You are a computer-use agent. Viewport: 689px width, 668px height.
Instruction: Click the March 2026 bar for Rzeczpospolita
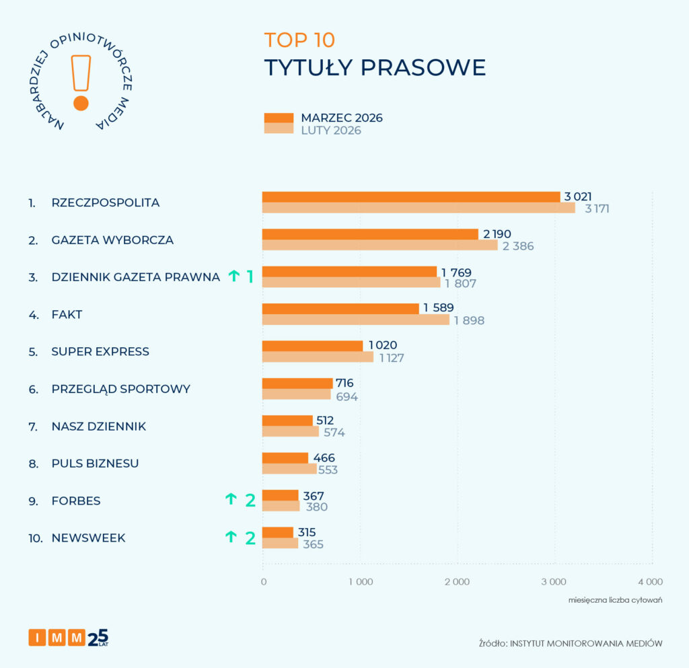click(410, 196)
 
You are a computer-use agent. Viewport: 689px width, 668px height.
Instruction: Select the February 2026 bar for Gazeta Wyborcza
click(379, 245)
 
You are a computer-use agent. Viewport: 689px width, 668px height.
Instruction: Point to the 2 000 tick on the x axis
click(457, 582)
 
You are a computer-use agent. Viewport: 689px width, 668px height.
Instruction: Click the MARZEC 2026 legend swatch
click(279, 118)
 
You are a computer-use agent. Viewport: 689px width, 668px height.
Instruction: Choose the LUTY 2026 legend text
click(331, 131)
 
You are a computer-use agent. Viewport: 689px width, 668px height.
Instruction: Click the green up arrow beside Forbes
click(231, 499)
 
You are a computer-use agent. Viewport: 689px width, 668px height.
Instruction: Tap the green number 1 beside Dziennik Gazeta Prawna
click(249, 276)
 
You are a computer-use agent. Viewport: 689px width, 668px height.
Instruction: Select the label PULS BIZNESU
click(95, 463)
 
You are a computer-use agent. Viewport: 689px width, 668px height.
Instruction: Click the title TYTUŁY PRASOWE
click(375, 68)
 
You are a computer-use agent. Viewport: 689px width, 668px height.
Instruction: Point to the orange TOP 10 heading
click(299, 40)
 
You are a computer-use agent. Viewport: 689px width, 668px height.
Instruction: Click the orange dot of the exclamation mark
click(81, 103)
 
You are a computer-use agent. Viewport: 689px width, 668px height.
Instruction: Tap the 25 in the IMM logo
click(98, 636)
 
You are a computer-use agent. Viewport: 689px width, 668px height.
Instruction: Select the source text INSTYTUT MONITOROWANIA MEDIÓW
click(586, 644)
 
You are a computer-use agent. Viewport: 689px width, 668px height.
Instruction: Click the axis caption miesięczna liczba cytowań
click(615, 599)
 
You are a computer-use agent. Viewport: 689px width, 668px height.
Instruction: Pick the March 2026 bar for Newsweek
click(278, 532)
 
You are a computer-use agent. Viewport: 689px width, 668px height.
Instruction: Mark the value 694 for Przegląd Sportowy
click(347, 396)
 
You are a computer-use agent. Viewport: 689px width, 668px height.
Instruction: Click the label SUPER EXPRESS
click(100, 352)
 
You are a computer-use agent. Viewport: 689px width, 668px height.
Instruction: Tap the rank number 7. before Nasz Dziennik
click(32, 426)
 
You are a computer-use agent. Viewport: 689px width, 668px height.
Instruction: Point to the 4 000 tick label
click(650, 582)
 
